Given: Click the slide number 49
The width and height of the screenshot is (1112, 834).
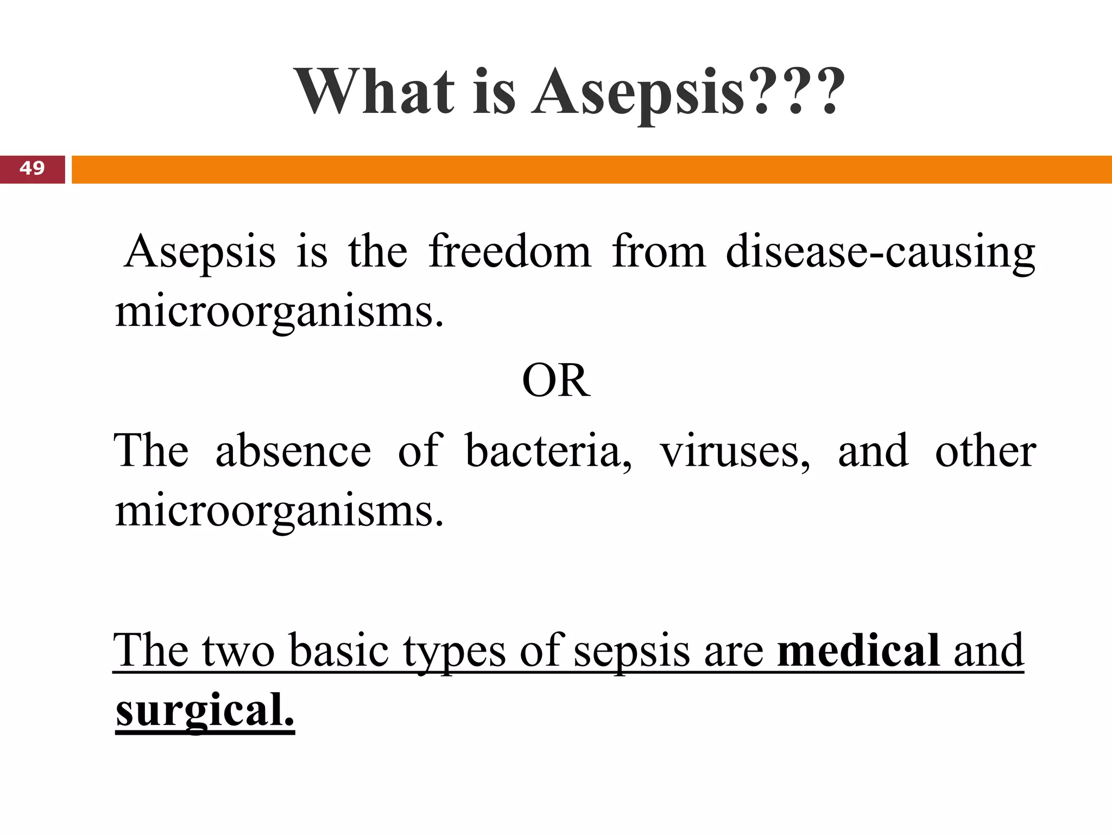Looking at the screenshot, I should click(x=32, y=168).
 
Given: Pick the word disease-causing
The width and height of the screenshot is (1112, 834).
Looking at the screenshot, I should click(x=880, y=253).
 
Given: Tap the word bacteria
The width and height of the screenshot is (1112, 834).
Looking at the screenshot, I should click(x=548, y=451).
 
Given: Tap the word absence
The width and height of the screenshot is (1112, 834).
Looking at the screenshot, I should click(x=293, y=451).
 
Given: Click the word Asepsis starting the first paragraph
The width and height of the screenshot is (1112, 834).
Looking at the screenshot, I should click(x=200, y=253).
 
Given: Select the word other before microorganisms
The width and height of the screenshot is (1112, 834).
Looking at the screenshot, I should click(x=985, y=451).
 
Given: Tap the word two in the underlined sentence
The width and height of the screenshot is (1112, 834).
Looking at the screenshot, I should click(x=238, y=651).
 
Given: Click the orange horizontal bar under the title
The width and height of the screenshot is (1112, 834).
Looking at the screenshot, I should click(x=591, y=169).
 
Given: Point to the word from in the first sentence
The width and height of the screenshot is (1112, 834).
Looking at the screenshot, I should click(x=659, y=252).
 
